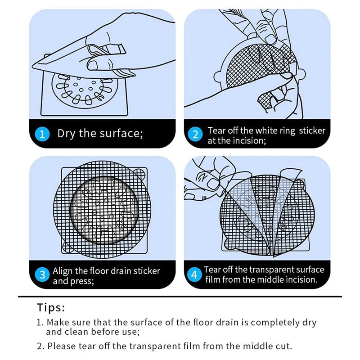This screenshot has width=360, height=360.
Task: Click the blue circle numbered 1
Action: (x=42, y=134)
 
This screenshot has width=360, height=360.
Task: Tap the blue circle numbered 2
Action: (x=195, y=134)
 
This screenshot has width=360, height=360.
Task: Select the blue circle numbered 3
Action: (x=42, y=274)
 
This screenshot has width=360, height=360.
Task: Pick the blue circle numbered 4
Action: (x=194, y=274)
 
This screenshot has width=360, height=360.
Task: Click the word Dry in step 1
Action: (x=66, y=133)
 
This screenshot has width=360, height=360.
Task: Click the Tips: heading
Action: (x=51, y=307)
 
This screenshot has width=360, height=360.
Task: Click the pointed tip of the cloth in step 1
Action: (x=32, y=66)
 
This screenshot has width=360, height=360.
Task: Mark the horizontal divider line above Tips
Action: (x=180, y=297)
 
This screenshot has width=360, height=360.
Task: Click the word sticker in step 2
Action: (x=312, y=130)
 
